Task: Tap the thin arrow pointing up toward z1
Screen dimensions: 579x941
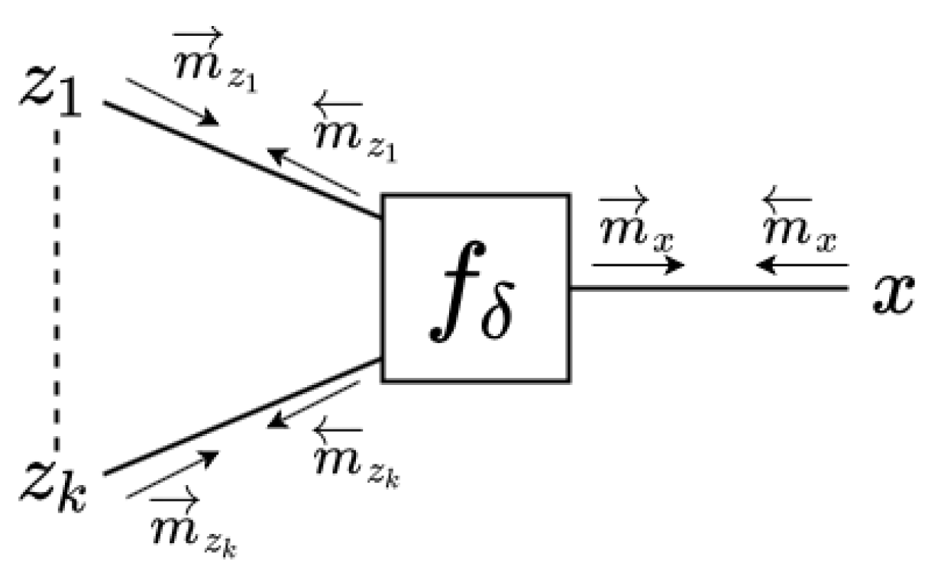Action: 313,172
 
